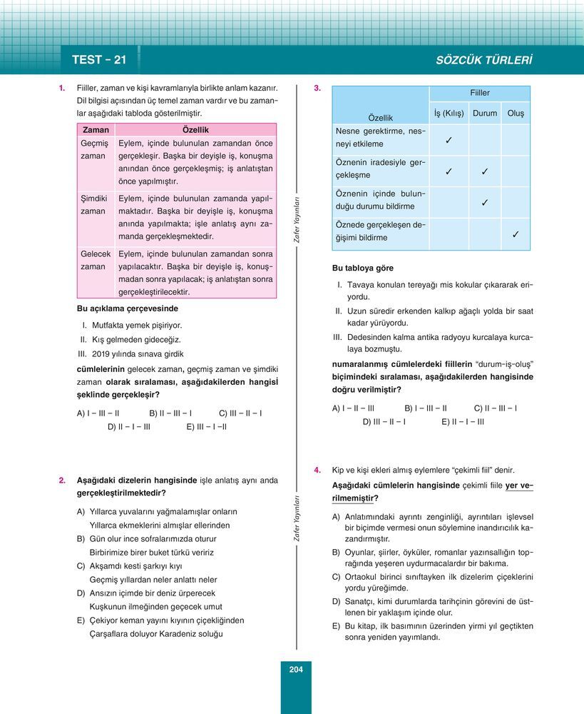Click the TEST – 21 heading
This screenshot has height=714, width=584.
coord(99,60)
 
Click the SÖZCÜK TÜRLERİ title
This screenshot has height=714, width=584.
coord(483,60)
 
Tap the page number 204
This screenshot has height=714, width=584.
coord(296,669)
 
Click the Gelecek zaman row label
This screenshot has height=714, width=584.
coord(96,260)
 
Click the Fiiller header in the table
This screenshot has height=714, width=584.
coord(479,94)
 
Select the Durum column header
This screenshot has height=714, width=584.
coord(485,114)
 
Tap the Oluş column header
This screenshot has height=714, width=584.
coord(516,114)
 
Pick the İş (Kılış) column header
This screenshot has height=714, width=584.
coord(449,114)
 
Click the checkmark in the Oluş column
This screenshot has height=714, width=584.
coord(516,234)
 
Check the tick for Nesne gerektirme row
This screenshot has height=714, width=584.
coord(449,140)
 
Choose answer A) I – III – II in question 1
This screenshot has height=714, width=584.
coord(98,413)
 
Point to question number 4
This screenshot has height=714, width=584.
coord(317,471)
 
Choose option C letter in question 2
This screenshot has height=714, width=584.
coord(81,565)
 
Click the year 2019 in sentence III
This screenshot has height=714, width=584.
coord(103,353)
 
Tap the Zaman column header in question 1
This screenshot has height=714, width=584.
coord(96,130)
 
